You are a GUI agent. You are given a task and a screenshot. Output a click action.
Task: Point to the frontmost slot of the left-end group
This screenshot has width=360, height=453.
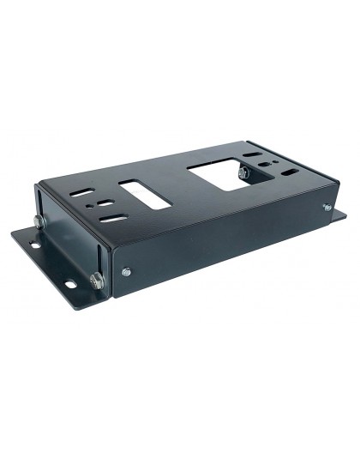point(111,220)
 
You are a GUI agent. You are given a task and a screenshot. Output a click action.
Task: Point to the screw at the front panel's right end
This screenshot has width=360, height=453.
point(326,208)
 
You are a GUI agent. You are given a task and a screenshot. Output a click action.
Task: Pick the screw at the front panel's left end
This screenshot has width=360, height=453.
point(126,273)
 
